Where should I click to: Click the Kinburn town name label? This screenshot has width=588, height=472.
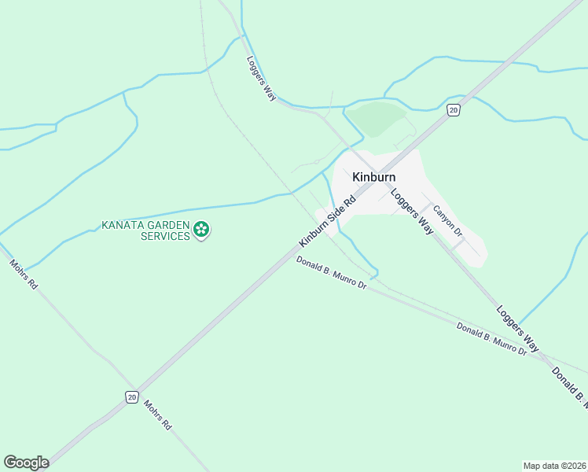[x=373, y=177]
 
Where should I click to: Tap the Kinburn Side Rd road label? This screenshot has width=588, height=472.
[x=327, y=219]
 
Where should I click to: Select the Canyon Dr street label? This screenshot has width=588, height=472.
[x=447, y=223]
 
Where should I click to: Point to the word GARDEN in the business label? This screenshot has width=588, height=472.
[x=169, y=226]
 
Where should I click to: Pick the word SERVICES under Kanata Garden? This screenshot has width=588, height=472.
[x=165, y=236]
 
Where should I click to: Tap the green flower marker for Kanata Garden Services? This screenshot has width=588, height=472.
[x=202, y=230]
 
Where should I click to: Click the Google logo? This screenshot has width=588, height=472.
[x=26, y=463]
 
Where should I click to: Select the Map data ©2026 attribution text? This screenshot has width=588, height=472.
[x=555, y=465]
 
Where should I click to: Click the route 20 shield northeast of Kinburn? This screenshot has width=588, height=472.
[x=454, y=110]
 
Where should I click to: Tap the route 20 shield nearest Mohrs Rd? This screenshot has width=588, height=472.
[x=131, y=396]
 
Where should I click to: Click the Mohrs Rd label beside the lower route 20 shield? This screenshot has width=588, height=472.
[x=157, y=415]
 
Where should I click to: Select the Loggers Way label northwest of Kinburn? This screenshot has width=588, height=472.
[x=260, y=78]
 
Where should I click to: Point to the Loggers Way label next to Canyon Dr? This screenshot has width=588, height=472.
[x=413, y=213]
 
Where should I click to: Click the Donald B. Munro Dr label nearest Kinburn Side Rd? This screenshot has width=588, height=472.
[x=332, y=272]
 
